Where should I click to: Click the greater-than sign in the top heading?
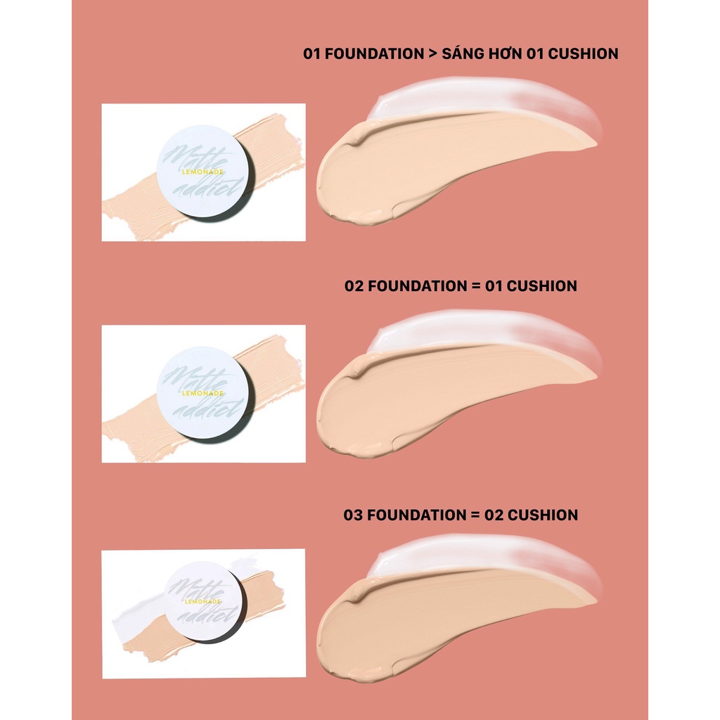(x=432, y=53)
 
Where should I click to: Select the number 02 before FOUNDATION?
(x=354, y=286)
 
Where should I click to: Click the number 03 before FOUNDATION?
(x=353, y=515)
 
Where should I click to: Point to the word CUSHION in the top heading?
(x=583, y=53)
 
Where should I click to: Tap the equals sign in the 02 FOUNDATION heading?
(x=476, y=286)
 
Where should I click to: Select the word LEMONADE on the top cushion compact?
(x=202, y=172)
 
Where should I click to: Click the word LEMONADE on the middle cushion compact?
(x=202, y=393)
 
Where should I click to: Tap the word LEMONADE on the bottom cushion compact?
(x=203, y=601)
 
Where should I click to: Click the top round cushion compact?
(x=203, y=172)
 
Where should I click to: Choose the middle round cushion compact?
(x=203, y=393)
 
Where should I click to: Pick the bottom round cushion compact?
(x=204, y=601)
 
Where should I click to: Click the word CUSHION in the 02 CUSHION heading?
(x=543, y=515)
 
